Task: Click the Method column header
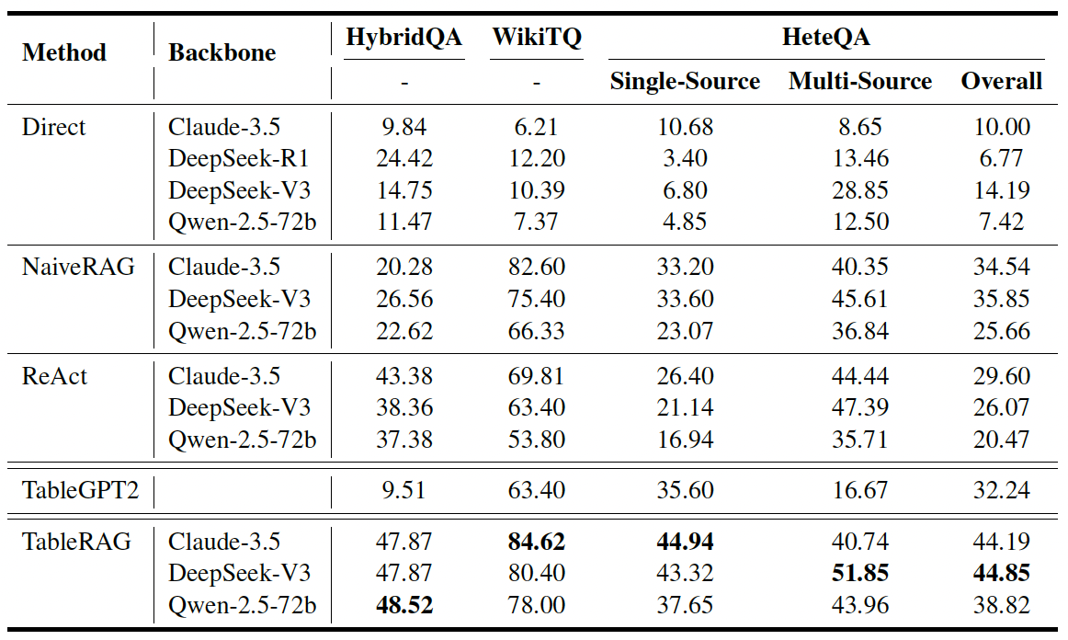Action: (x=64, y=52)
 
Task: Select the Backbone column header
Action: (x=222, y=52)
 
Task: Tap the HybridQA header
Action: (x=403, y=37)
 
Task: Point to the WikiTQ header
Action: (x=537, y=37)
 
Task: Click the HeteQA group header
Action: (x=825, y=37)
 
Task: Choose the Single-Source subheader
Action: (x=685, y=81)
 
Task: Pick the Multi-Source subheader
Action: (x=860, y=81)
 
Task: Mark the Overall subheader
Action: (x=1001, y=81)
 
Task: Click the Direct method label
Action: (x=54, y=127)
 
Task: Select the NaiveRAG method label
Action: (x=78, y=267)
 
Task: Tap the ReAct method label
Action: (x=54, y=376)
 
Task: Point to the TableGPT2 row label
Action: (x=80, y=490)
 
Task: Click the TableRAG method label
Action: (x=76, y=542)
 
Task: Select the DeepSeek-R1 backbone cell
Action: (x=238, y=158)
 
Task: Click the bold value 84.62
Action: (x=537, y=542)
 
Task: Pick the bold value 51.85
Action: (x=860, y=573)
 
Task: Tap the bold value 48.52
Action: (x=404, y=605)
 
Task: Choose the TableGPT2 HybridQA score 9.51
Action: (x=403, y=490)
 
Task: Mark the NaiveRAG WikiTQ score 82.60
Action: (x=537, y=267)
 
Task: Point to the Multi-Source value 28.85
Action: (x=860, y=190)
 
